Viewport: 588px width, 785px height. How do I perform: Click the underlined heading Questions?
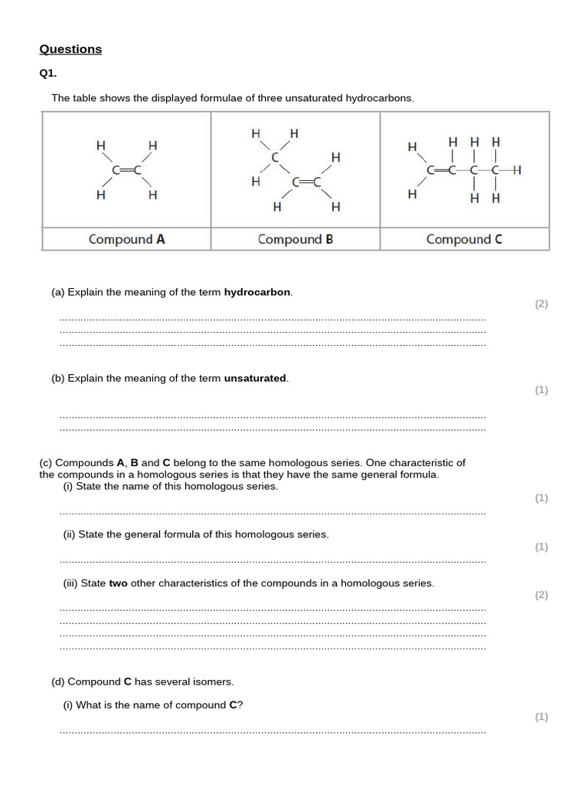click(70, 49)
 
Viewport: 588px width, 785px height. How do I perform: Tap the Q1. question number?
click(48, 74)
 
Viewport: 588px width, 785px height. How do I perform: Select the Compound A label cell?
click(126, 239)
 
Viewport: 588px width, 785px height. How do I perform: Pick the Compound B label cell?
click(296, 239)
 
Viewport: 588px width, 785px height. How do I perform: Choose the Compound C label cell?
click(464, 239)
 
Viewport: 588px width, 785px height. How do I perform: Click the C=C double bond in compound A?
click(126, 170)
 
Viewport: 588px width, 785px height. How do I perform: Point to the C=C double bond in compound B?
click(305, 182)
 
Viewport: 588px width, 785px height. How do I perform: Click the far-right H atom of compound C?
click(518, 170)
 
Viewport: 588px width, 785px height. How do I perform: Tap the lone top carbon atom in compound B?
click(275, 156)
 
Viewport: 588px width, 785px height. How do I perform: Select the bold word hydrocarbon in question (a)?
click(257, 292)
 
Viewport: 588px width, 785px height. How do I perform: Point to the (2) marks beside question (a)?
click(541, 304)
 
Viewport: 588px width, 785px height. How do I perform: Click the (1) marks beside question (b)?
click(541, 390)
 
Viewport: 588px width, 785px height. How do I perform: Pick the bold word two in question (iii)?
click(118, 583)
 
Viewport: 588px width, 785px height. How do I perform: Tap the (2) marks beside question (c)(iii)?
click(541, 595)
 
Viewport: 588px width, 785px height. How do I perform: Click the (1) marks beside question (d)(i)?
click(541, 717)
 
